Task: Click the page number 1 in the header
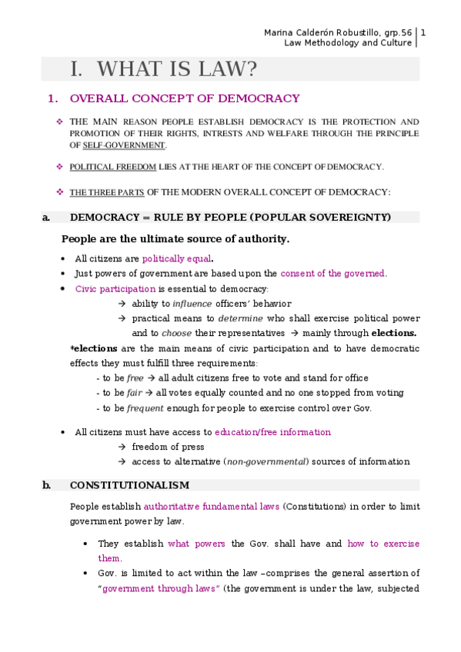[x=424, y=32]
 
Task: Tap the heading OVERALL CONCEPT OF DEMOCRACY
[x=185, y=98]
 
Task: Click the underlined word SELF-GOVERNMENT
[x=123, y=145]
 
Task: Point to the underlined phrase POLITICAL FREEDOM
[x=112, y=167]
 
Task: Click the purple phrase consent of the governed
[x=332, y=274]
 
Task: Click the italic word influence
[x=191, y=304]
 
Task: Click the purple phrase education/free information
[x=272, y=432]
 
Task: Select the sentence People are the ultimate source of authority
[x=175, y=239]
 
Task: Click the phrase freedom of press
[x=168, y=447]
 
